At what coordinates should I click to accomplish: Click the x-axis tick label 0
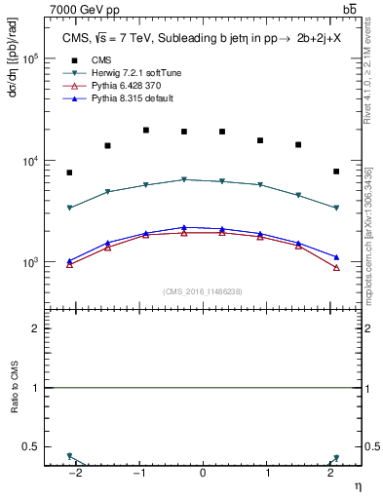pyautogui.click(x=203, y=473)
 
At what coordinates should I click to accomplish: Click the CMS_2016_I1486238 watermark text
pyautogui.click(x=203, y=291)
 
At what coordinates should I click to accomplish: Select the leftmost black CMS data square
pyautogui.click(x=69, y=173)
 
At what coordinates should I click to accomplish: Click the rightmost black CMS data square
pyautogui.click(x=336, y=172)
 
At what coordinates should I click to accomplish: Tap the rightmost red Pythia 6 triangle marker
pyautogui.click(x=336, y=267)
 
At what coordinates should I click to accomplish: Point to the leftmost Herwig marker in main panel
pyautogui.click(x=69, y=208)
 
